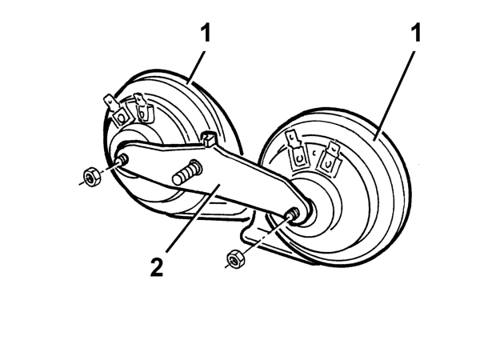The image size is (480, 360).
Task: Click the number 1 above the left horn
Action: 206,34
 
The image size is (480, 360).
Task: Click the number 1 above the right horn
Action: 416,34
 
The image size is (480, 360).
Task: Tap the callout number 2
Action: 157,267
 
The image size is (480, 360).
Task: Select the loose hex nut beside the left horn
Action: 90,176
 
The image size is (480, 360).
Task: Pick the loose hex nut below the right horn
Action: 235,259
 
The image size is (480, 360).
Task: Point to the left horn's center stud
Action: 122,160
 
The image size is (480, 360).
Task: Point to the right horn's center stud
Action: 293,214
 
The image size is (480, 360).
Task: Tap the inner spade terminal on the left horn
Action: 142,108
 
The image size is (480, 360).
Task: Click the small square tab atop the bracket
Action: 208,138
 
